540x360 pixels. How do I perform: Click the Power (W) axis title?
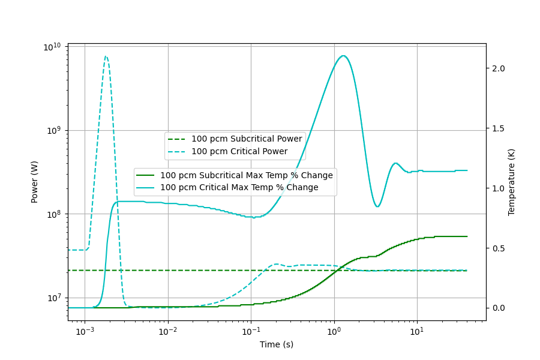point(35,182)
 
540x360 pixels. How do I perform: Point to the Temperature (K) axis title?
point(511,182)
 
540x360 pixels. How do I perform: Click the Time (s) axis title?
point(277,344)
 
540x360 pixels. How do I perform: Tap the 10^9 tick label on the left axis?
point(54,131)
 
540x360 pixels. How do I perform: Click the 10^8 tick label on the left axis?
point(54,214)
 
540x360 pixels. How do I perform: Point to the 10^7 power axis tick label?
point(54,298)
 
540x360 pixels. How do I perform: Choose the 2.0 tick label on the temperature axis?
point(499,68)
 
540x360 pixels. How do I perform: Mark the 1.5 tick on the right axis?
point(499,128)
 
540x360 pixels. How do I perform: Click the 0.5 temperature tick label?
point(499,248)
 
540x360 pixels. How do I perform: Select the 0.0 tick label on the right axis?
point(499,308)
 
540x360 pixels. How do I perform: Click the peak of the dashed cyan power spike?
point(106,56)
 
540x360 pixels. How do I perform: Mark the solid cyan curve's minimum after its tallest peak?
point(377,207)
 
